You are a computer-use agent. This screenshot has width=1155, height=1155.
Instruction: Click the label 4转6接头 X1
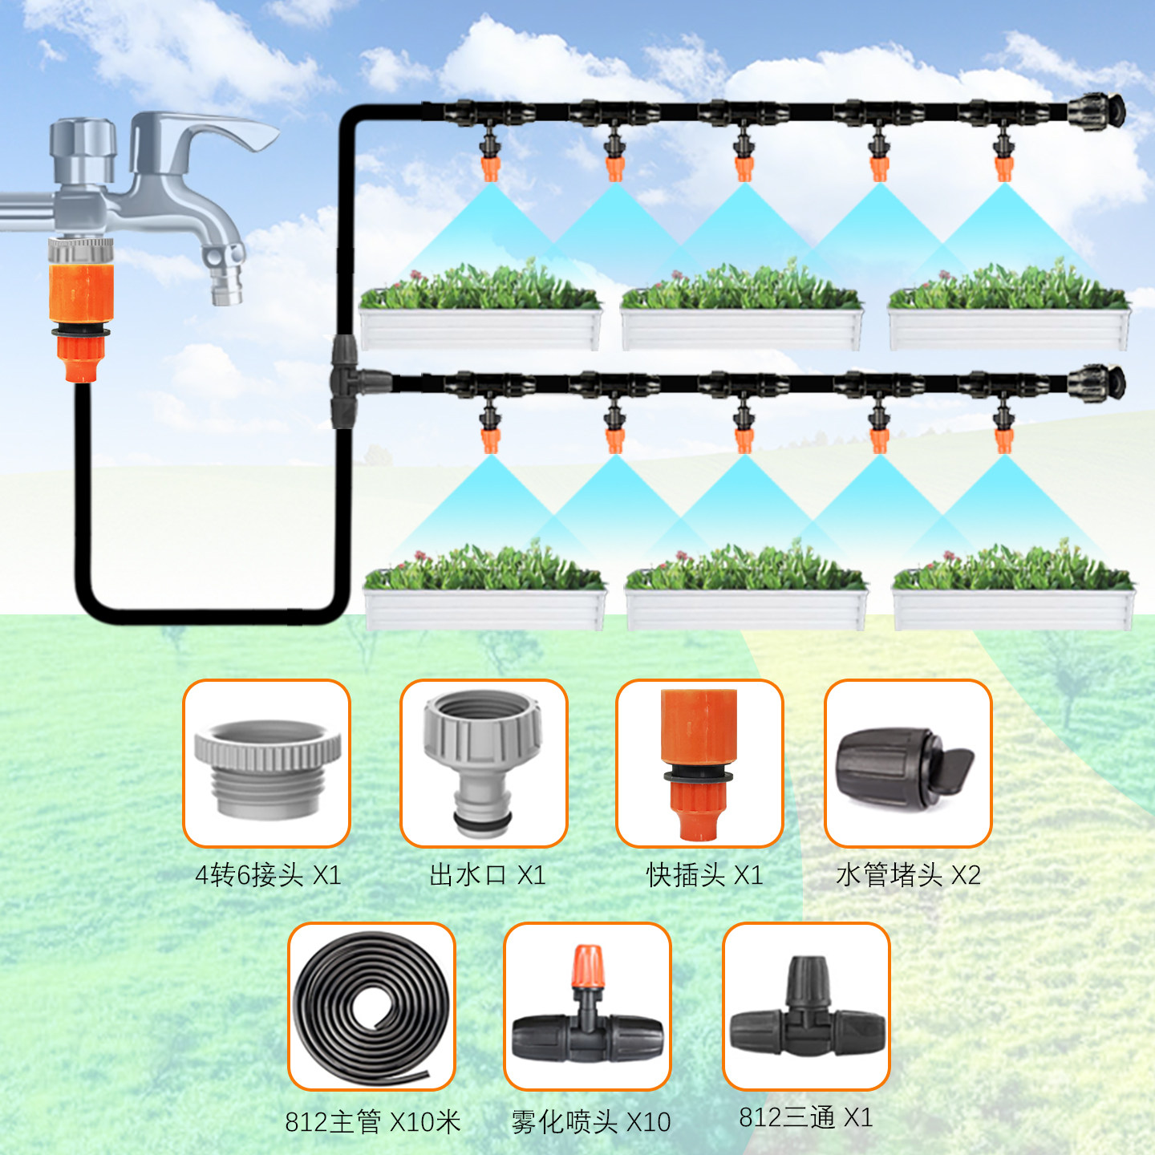tap(268, 874)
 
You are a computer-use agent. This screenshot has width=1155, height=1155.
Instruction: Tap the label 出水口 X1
tap(487, 874)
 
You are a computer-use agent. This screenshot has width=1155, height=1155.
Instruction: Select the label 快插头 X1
tap(704, 874)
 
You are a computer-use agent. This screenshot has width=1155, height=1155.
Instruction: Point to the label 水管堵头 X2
tap(908, 874)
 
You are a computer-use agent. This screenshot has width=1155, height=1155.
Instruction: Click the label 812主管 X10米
tap(373, 1121)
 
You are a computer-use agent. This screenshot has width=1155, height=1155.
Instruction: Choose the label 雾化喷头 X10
tap(591, 1121)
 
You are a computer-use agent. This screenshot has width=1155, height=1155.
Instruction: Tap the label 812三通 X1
tap(805, 1116)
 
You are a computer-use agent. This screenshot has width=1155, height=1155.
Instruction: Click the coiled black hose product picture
tap(371, 1006)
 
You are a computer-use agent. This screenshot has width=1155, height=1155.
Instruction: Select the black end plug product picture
tap(905, 764)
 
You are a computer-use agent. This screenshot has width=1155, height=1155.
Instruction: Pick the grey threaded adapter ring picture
tap(267, 766)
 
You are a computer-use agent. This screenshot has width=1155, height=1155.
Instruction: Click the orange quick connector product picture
tap(699, 764)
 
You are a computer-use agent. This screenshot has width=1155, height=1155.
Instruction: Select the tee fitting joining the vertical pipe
tap(347, 381)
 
